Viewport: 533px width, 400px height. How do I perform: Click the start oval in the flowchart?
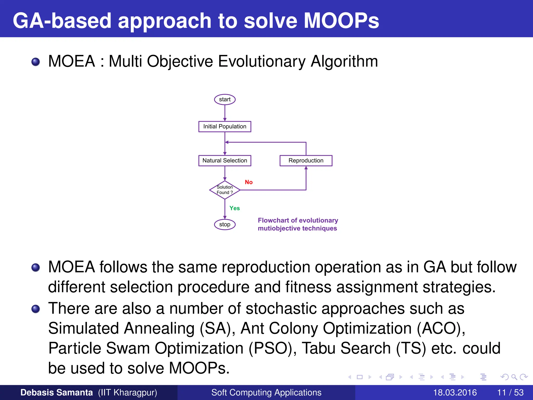tap(225, 99)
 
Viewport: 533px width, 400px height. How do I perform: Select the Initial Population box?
tap(225, 127)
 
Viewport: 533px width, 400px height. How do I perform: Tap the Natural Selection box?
tap(225, 161)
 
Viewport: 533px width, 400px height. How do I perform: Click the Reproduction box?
tap(306, 161)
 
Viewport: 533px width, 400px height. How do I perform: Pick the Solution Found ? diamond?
tap(225, 190)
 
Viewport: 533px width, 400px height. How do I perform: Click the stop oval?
tap(225, 224)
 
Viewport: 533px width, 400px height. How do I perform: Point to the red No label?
tap(249, 182)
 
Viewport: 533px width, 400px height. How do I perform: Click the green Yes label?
tap(234, 208)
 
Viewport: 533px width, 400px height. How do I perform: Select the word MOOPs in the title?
tap(341, 21)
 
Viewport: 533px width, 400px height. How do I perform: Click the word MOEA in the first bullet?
tap(72, 62)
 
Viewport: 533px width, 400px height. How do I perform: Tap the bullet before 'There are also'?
tap(36, 309)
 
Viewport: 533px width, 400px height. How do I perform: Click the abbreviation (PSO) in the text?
tap(272, 348)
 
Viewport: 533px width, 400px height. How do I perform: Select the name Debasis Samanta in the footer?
tap(56, 392)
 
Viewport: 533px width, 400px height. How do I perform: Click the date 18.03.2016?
tap(455, 392)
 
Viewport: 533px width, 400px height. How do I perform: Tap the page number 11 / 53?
tap(510, 392)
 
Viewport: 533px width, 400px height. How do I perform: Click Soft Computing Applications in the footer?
tap(266, 392)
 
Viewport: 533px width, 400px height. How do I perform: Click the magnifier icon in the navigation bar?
tap(514, 377)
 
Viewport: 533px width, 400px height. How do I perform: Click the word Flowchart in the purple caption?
tap(273, 221)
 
